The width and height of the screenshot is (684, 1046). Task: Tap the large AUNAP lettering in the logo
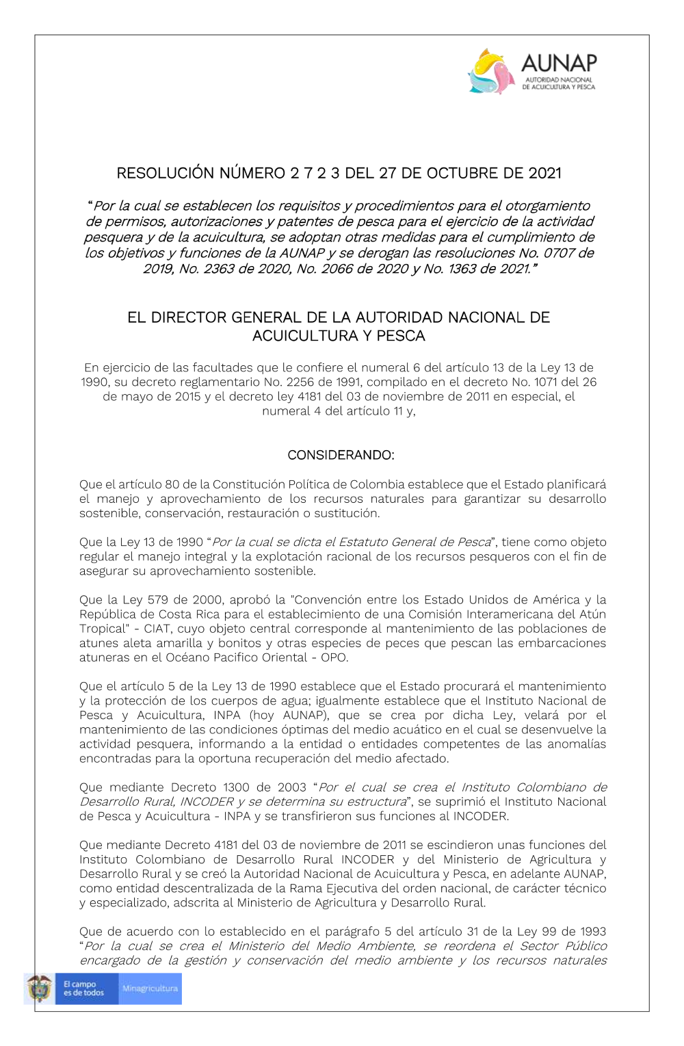559,63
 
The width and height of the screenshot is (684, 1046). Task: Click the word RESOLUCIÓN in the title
166,173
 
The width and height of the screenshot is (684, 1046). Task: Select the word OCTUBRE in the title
464,173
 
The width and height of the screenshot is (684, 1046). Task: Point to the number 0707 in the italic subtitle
560,253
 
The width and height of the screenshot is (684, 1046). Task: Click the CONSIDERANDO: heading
341,455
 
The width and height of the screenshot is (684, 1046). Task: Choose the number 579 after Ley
158,600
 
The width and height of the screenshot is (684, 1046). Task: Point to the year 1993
590,932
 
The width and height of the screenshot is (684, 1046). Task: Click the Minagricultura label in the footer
150,989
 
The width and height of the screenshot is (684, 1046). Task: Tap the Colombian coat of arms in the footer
39,989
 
